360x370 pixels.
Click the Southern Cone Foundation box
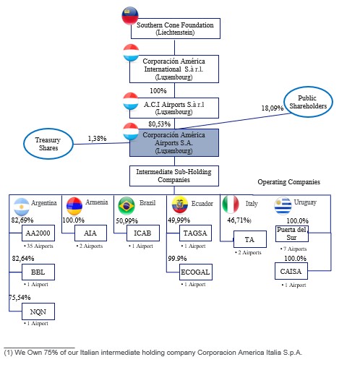[176, 28]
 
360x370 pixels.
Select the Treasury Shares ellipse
[48, 144]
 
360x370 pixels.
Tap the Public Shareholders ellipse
[308, 102]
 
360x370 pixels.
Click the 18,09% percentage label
[273, 108]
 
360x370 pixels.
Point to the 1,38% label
[97, 139]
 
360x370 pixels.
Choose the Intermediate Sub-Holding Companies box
[174, 176]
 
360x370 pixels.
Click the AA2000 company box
[38, 233]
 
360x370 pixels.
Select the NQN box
[38, 311]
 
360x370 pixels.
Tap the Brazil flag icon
[127, 205]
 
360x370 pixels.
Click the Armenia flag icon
[74, 206]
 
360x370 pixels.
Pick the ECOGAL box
[196, 272]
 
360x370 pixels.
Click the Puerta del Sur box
[292, 233]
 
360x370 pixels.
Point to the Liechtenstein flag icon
[130, 16]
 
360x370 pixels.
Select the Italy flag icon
[231, 205]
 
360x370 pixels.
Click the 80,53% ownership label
[159, 124]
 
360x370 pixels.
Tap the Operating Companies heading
[289, 182]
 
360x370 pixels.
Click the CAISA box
[291, 271]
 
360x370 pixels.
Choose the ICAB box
[143, 233]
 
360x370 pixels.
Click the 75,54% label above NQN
[20, 298]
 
